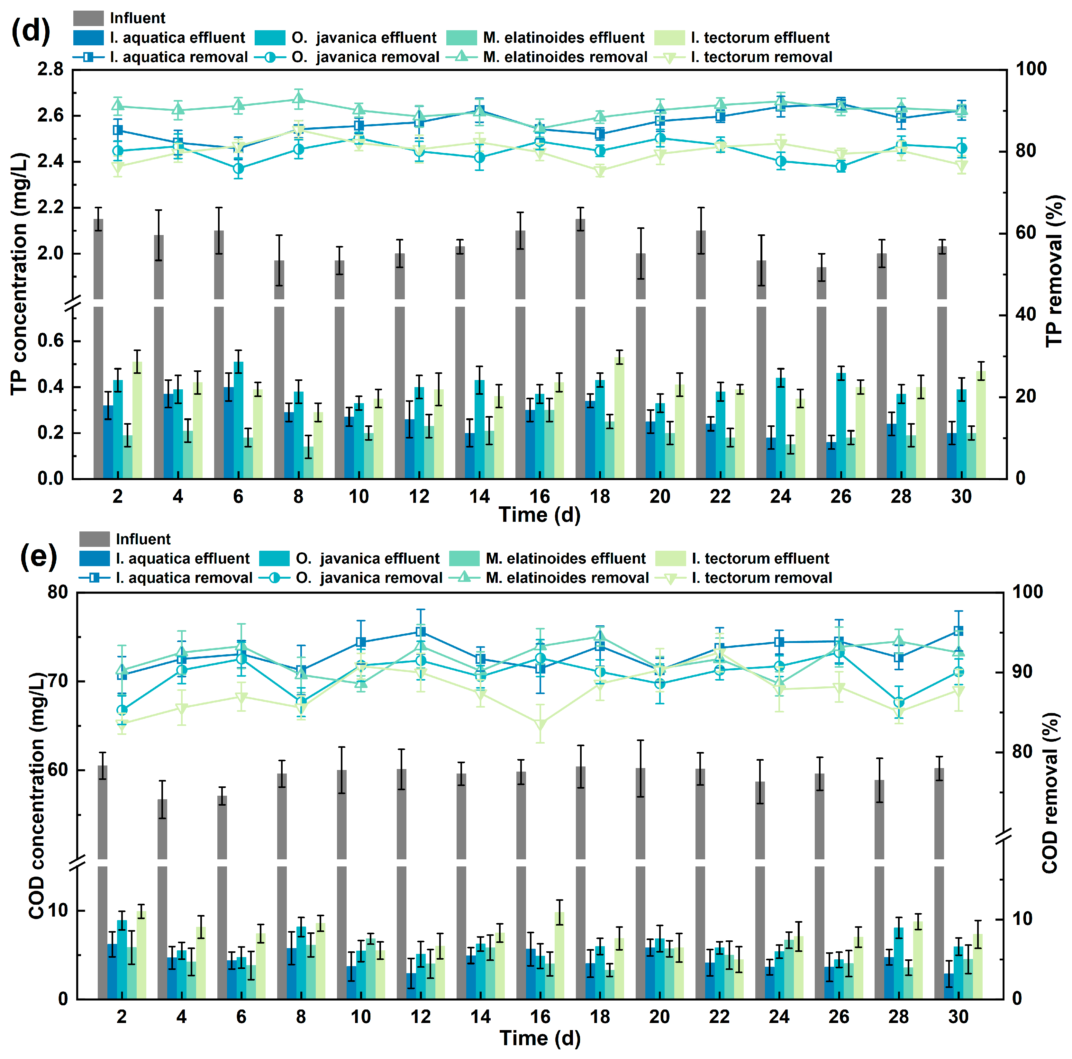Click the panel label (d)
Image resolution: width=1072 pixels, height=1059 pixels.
coord(31,31)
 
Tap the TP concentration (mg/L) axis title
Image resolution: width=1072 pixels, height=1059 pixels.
coord(19,274)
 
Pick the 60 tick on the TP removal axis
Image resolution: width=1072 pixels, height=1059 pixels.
coord(1026,233)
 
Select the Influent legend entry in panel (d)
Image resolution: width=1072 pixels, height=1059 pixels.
coord(137,18)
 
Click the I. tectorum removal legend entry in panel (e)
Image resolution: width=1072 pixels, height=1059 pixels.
coord(761,578)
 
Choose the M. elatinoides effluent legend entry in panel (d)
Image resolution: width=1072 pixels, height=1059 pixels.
coord(563,38)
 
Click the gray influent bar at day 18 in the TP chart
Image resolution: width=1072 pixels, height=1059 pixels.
coord(580,349)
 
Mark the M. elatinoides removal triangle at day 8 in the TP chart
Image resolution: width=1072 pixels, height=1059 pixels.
coord(298,100)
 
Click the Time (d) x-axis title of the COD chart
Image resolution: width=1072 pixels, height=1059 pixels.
coord(540,1038)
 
